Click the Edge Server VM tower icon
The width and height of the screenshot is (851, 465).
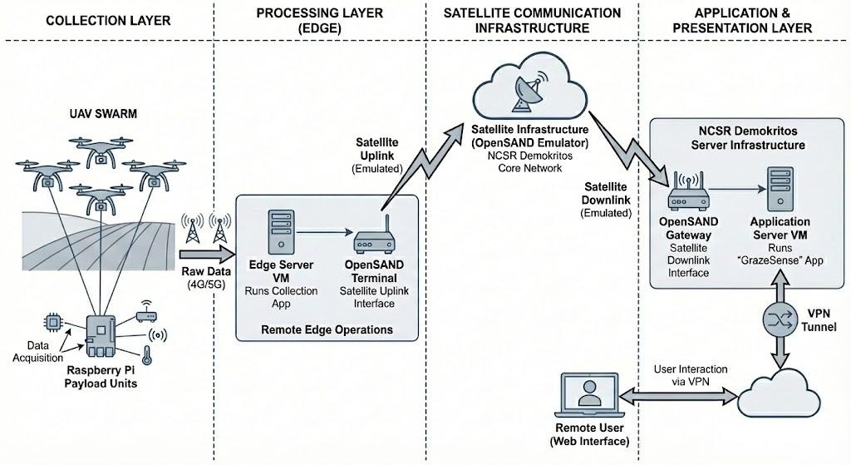pos(280,233)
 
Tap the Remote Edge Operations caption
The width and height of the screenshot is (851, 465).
pos(327,329)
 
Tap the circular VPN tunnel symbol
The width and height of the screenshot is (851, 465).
pos(780,320)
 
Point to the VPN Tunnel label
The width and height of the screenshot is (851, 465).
pos(825,320)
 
